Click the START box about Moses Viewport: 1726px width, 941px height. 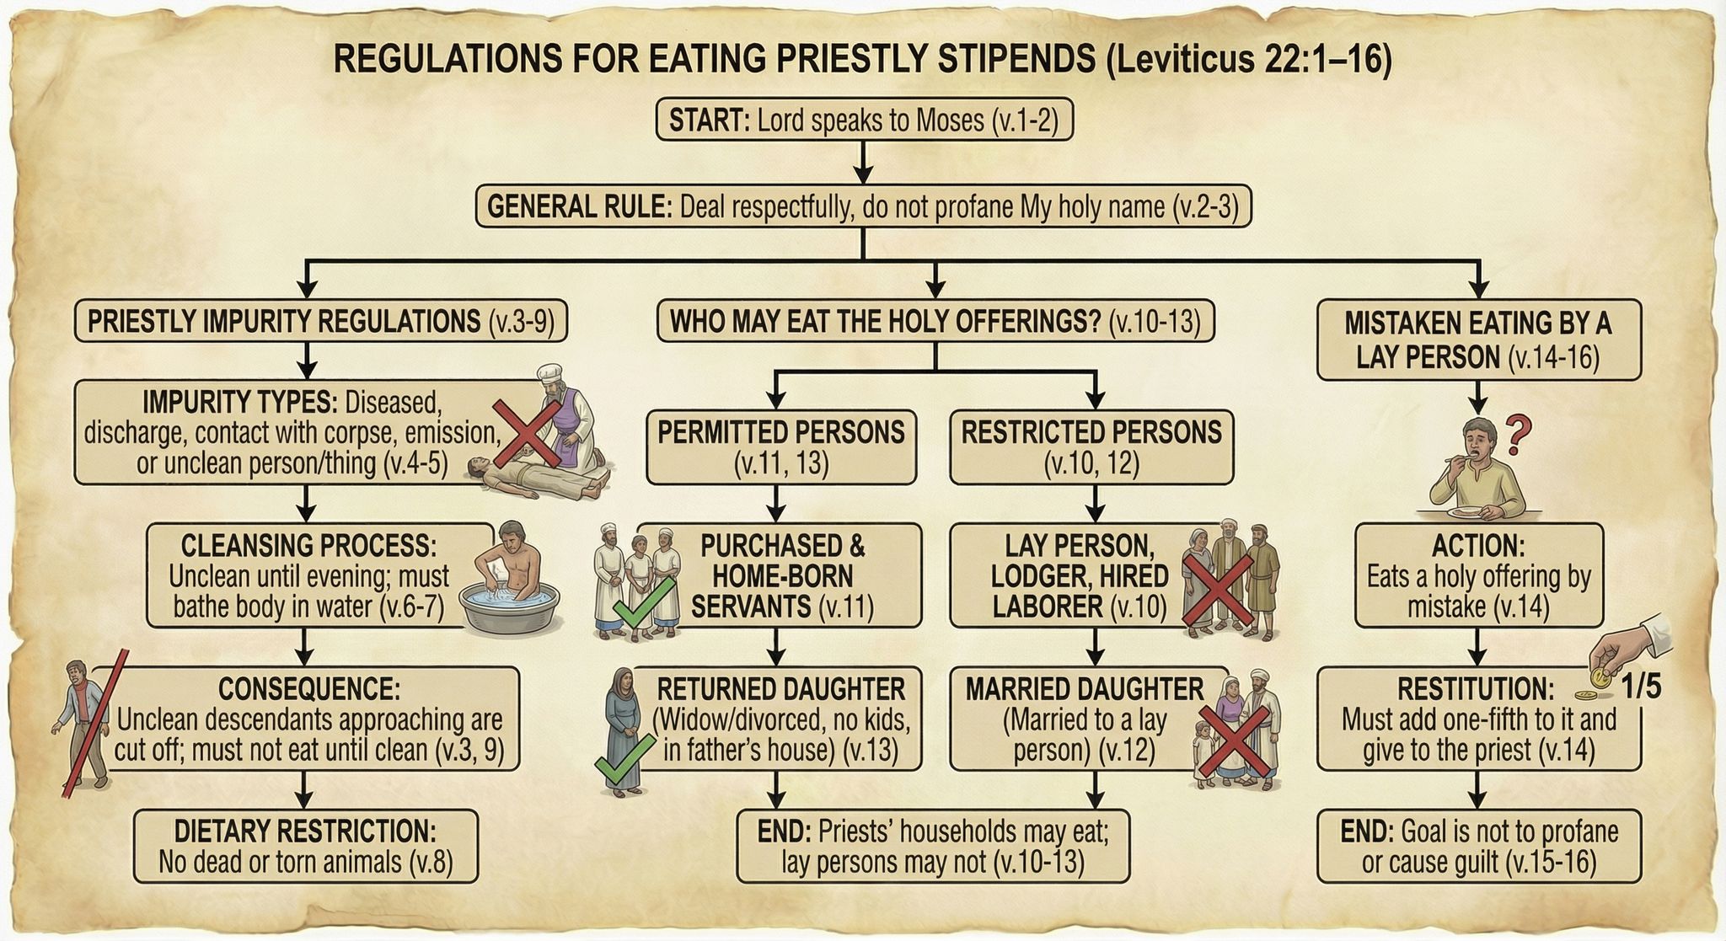pos(865,120)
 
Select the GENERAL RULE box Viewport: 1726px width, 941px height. pos(864,206)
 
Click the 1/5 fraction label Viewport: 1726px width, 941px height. pos(1641,687)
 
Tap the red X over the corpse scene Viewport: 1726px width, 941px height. pos(527,433)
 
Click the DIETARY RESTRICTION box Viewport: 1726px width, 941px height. pos(305,847)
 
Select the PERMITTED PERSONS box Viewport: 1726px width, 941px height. pos(781,447)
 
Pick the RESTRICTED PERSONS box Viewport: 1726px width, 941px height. pos(1091,447)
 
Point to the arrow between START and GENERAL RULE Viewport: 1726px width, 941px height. pos(864,163)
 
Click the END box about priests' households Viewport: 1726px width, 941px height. pos(932,847)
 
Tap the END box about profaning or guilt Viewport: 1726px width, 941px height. pos(1479,847)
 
